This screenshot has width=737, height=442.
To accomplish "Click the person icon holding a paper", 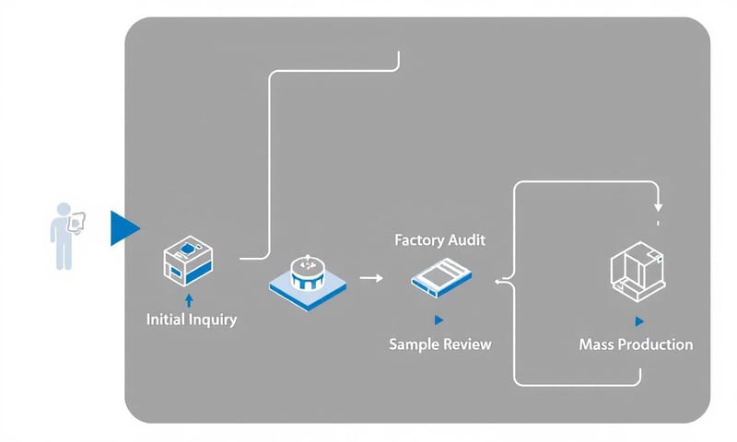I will pyautogui.click(x=64, y=235).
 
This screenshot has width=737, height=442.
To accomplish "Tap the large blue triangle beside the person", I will pyautogui.click(x=123, y=227).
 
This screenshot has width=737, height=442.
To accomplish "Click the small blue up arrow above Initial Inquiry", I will pyautogui.click(x=190, y=299).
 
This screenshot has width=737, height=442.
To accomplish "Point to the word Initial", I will pyautogui.click(x=168, y=320).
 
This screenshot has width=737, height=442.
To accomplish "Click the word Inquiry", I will pyautogui.click(x=214, y=320).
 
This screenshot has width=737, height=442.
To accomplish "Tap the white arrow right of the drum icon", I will pyautogui.click(x=371, y=276).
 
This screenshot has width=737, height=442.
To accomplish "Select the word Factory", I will pyautogui.click(x=415, y=239).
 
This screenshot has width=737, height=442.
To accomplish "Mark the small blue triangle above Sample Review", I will pyautogui.click(x=439, y=320).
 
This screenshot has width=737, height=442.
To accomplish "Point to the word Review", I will pyautogui.click(x=467, y=344).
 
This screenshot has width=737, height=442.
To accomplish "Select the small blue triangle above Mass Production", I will pyautogui.click(x=638, y=320).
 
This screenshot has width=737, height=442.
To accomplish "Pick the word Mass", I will pyautogui.click(x=596, y=344).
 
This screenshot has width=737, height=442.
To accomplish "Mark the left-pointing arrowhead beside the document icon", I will pyautogui.click(x=499, y=284).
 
